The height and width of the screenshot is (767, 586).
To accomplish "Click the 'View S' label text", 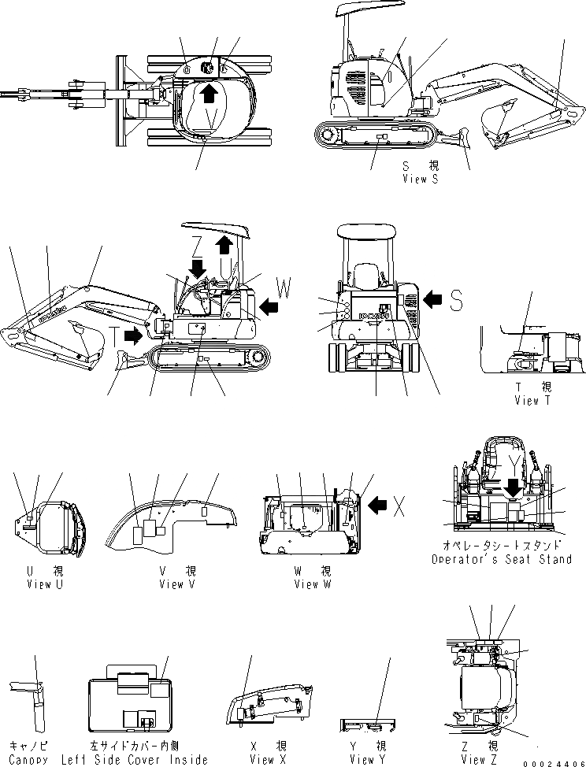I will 420,179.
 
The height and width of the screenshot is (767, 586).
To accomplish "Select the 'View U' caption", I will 39,584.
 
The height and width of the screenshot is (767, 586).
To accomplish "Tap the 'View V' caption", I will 172,584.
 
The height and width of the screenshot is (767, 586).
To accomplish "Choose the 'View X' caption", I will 261,759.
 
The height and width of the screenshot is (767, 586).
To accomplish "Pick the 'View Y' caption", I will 362,759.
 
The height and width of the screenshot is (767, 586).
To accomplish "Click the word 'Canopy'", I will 28,759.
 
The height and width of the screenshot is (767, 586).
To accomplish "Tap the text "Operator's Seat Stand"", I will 501,559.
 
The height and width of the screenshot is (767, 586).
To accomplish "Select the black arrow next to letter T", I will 133,336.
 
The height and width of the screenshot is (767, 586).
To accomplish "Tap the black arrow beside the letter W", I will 269,305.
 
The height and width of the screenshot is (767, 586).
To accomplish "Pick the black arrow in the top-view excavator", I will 208,93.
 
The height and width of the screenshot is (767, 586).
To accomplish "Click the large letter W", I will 282,288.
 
